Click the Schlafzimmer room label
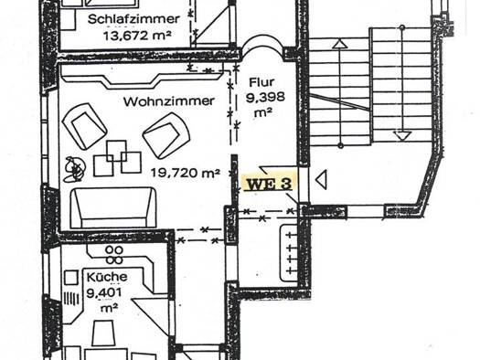[133, 19]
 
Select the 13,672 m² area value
[137, 37]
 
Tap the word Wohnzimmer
[168, 101]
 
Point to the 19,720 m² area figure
[186, 173]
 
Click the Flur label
[261, 82]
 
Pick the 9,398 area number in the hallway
[265, 98]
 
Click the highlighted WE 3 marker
[269, 185]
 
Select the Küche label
[107, 277]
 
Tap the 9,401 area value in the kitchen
[104, 293]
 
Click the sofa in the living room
[113, 208]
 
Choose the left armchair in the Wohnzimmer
[84, 126]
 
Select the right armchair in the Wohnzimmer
[166, 135]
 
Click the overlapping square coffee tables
[117, 158]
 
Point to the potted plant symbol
[74, 169]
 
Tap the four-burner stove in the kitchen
[114, 255]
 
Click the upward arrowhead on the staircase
[340, 45]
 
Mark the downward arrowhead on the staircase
[402, 135]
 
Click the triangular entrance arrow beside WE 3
[321, 179]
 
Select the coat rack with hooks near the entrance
[289, 253]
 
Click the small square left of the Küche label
[71, 278]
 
